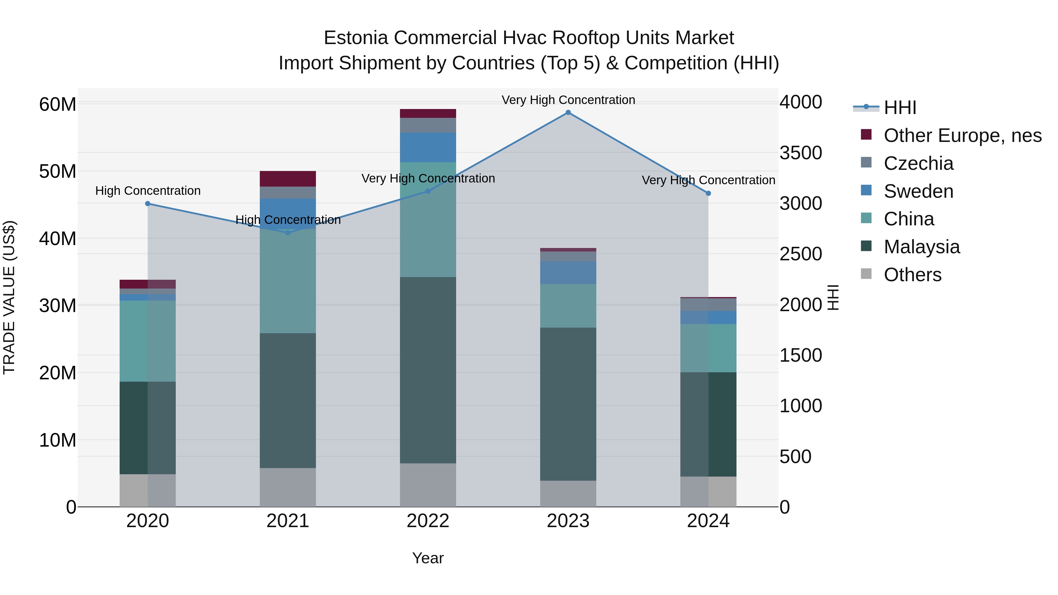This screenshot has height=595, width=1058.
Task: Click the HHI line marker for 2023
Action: tap(568, 113)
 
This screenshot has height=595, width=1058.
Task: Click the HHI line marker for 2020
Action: tap(148, 204)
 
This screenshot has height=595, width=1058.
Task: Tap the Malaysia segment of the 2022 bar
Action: tap(428, 370)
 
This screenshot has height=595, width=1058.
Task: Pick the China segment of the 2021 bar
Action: tap(288, 281)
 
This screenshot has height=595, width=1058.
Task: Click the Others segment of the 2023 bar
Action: tap(568, 494)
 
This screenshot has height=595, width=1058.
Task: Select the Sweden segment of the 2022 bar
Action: tap(428, 148)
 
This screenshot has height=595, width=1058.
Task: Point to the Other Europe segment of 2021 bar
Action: tap(288, 179)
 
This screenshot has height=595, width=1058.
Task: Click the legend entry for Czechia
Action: tap(918, 163)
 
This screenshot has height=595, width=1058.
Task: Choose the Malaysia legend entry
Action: tap(922, 247)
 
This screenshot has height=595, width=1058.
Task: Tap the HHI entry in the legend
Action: tap(900, 108)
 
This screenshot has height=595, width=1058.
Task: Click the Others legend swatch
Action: tap(866, 274)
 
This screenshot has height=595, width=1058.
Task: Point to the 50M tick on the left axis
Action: tap(58, 171)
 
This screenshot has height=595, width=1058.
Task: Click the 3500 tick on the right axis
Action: tap(801, 153)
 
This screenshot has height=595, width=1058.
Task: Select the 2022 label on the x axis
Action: tap(428, 521)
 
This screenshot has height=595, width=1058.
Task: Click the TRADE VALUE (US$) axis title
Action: tap(9, 297)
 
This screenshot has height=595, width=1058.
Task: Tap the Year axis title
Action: tap(428, 558)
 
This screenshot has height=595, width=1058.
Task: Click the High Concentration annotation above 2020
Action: tap(148, 191)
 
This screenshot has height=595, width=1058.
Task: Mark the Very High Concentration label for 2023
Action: tap(568, 100)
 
